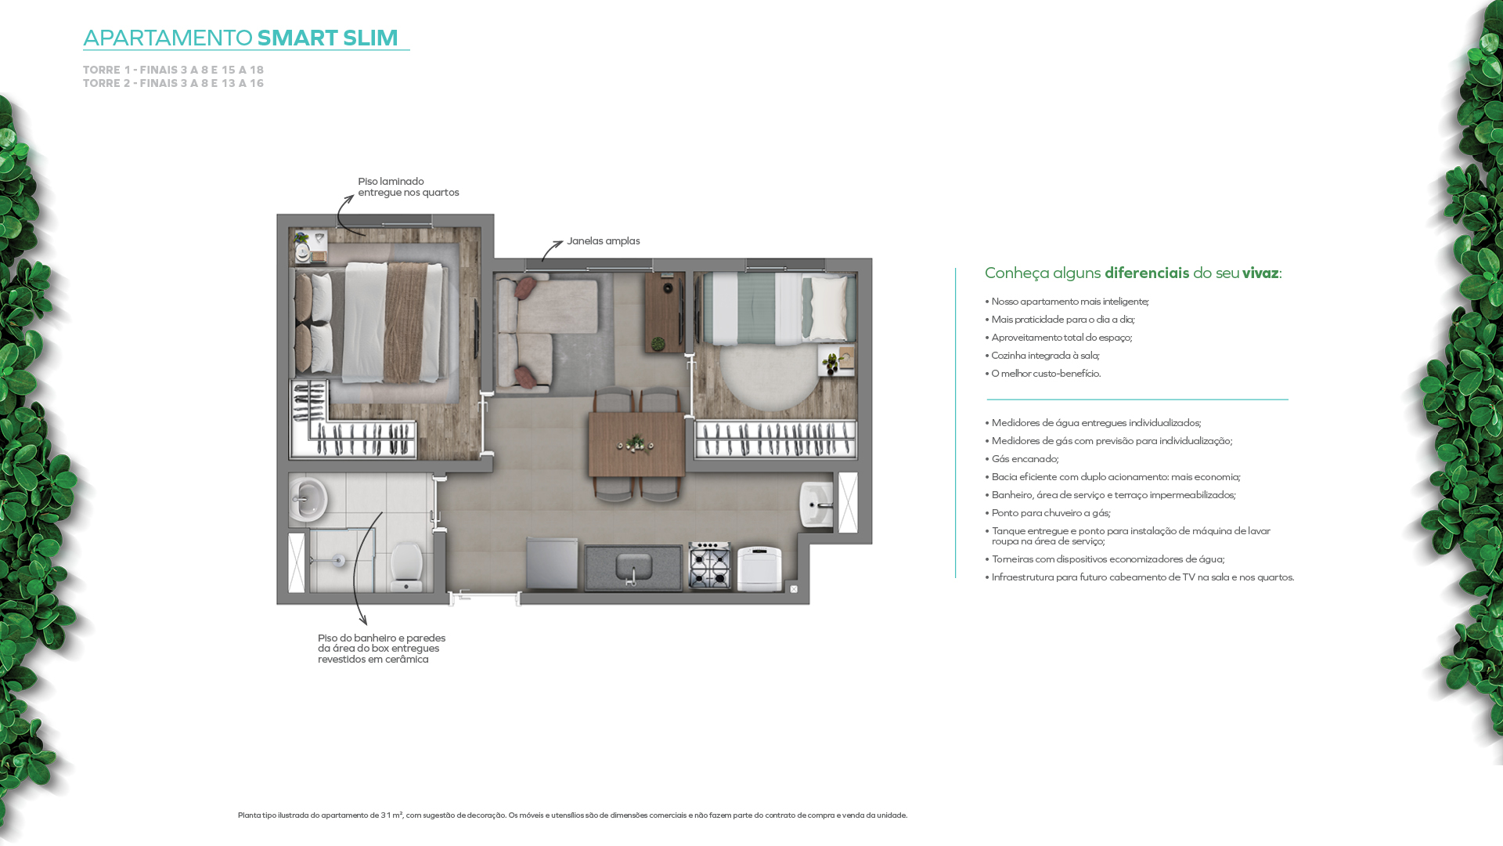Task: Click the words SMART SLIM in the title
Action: [327, 38]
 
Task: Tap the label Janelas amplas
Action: [604, 241]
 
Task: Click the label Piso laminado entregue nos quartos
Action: [409, 187]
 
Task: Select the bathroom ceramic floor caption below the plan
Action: [382, 649]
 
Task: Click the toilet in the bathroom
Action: [406, 566]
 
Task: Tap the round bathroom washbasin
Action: [308, 499]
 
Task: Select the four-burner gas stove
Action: [710, 566]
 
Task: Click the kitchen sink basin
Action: [633, 565]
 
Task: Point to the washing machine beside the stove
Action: [759, 569]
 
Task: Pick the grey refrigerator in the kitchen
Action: [552, 563]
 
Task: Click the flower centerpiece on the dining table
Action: [636, 444]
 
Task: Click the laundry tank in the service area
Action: [816, 504]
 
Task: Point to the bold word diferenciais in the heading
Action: [1147, 273]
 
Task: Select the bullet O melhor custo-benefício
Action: [1043, 374]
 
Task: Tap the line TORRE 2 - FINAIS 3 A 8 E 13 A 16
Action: [174, 83]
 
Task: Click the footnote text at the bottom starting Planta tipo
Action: [572, 815]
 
